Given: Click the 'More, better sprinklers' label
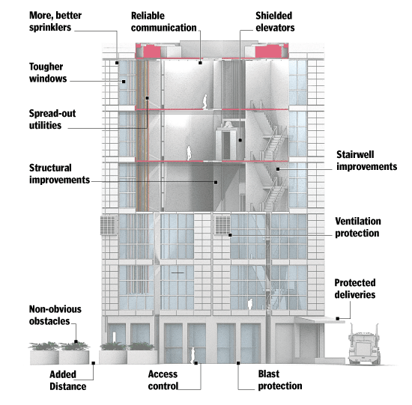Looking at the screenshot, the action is (55, 21).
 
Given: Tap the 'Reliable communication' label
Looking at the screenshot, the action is (164, 22).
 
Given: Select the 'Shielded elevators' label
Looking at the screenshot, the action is (275, 22).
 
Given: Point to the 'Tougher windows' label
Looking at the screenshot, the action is (48, 73).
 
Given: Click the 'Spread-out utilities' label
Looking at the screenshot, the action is (52, 119).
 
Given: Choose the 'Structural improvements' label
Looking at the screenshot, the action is (59, 174).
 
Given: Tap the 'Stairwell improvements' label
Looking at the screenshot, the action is (367, 160).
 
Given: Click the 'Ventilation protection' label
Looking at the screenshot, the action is (358, 227).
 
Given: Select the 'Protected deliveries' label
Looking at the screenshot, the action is (355, 288).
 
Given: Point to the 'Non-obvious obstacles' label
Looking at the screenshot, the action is (55, 315).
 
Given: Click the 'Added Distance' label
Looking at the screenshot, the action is (67, 380).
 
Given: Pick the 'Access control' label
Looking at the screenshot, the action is (163, 380).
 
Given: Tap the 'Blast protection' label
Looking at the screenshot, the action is (280, 380).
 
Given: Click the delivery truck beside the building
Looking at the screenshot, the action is (364, 344).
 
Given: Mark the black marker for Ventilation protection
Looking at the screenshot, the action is (230, 235).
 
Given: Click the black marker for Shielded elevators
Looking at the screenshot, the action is (240, 140).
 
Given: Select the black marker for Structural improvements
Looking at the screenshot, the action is (216, 182).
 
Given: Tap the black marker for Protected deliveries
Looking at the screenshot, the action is (338, 319).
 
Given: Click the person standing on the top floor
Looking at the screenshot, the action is (205, 102).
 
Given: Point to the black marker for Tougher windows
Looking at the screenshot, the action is (124, 82).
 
